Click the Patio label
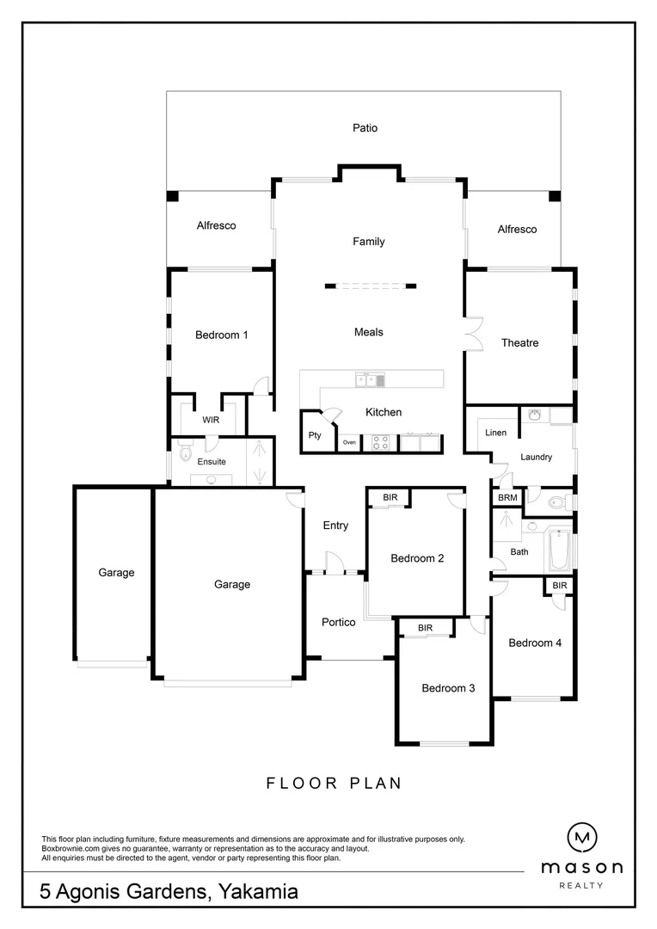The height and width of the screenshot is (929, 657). [x=365, y=128]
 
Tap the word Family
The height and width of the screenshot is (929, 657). [x=368, y=242]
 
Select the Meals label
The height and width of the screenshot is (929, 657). [x=368, y=332]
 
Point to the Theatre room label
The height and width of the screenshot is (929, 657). [x=519, y=343]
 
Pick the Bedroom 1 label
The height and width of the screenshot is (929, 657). [x=221, y=335]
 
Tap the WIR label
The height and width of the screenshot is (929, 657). [x=211, y=421]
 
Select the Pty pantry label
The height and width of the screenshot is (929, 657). [x=315, y=435]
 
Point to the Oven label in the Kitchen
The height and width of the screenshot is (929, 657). [x=348, y=442]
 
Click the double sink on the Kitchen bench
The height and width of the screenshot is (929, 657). [x=371, y=379]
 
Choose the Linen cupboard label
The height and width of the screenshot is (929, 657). [x=495, y=433]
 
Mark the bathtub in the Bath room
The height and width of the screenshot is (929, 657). [x=559, y=550]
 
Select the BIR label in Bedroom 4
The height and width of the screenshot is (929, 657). [x=560, y=585]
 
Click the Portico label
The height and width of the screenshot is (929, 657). [x=338, y=623]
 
